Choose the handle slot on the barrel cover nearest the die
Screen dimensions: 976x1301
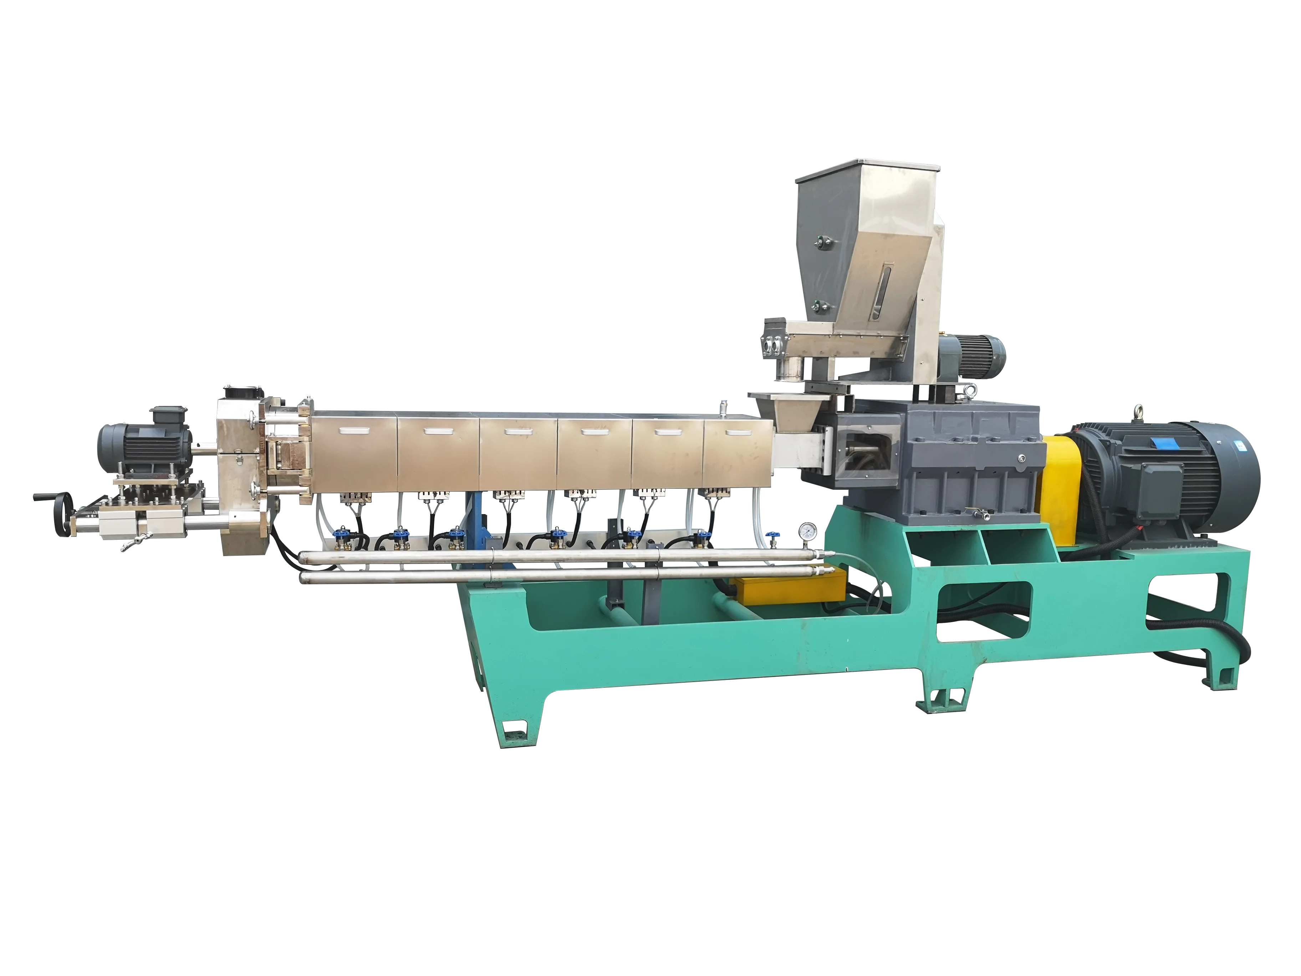[x=354, y=431]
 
